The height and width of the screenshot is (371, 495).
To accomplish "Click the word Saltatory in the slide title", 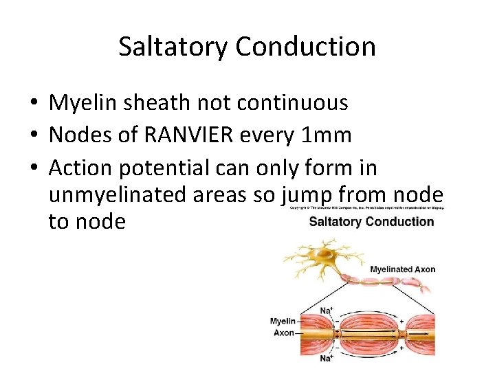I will coord(173,47).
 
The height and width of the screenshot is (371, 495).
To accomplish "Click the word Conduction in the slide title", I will coord(305,47).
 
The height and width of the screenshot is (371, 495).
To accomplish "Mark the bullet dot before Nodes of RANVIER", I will coord(33,136).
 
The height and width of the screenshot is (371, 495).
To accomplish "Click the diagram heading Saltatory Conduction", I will coord(371,222).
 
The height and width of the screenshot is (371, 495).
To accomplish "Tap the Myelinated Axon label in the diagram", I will coord(402,269).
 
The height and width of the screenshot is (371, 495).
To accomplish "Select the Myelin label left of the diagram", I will coord(283,321).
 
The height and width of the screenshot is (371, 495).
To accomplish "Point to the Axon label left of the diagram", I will coord(284,333).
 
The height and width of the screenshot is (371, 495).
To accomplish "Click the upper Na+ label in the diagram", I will coord(327,311).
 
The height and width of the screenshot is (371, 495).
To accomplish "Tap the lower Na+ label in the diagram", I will coord(327,358).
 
